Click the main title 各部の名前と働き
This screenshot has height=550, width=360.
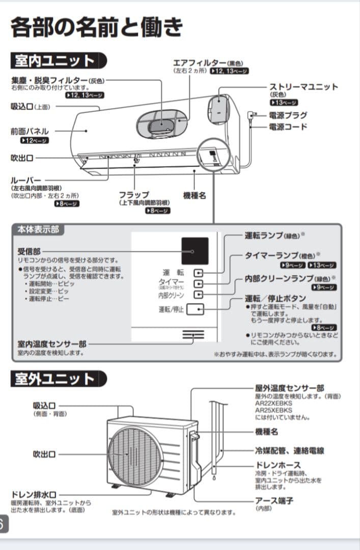pyautogui.click(x=96, y=27)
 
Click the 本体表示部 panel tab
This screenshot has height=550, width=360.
pyautogui.click(x=38, y=230)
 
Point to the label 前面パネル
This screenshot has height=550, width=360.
pyautogui.click(x=30, y=131)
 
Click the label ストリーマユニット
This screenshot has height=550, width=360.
pyautogui.click(x=303, y=87)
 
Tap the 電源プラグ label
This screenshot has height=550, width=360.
pyautogui.click(x=288, y=115)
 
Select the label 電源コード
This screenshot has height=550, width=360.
pyautogui.click(x=288, y=126)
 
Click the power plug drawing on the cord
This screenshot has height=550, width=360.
pyautogui.click(x=250, y=115)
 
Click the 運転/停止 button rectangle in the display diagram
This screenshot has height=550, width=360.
pyautogui.click(x=195, y=309)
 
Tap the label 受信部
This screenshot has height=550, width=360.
pyautogui.click(x=29, y=251)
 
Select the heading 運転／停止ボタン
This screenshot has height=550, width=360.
pyautogui.click(x=275, y=298)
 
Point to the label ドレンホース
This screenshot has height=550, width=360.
pyautogui.click(x=278, y=465)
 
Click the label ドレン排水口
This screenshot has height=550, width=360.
pyautogui.click(x=34, y=494)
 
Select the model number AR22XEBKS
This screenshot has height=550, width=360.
pyautogui.click(x=273, y=403)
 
